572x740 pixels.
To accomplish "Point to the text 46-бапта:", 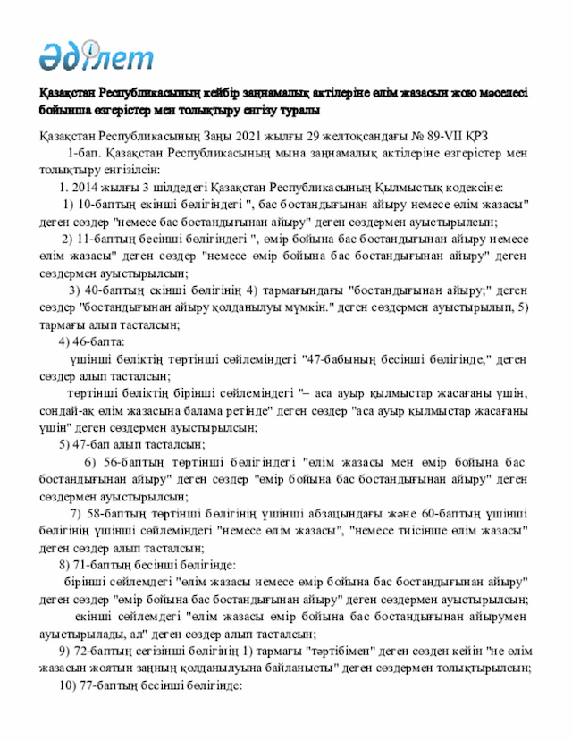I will pyautogui.click(x=101, y=341).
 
